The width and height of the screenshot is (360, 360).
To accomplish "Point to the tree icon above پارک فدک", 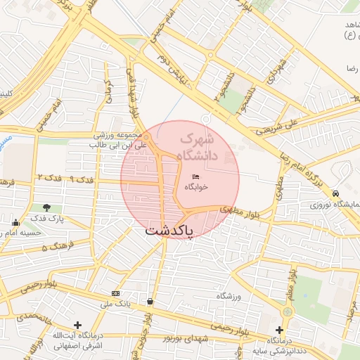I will (46, 207).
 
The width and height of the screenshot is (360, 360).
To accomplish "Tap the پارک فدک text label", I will (46, 219).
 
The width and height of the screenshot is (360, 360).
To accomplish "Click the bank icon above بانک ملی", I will (115, 293).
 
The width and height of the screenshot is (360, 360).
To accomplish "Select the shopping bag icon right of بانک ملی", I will (150, 302).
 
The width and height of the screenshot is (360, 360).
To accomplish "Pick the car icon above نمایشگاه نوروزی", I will (336, 194).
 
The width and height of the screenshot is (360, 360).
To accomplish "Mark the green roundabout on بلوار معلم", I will (287, 311).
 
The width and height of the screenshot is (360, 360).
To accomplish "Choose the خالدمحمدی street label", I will (25, 318).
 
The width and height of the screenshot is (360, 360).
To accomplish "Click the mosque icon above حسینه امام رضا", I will (15, 224).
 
